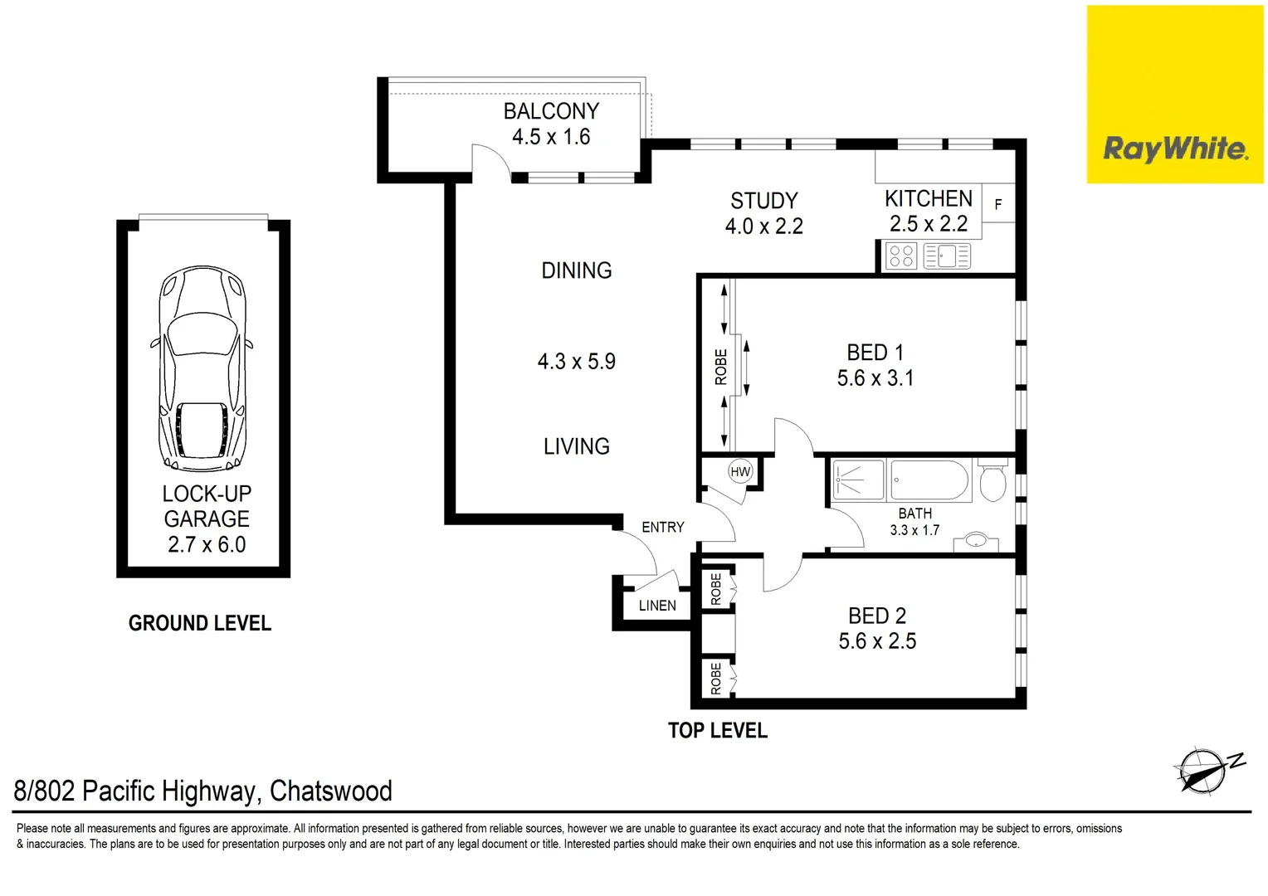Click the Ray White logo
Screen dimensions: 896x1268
coord(1175,149)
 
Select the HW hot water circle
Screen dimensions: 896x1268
coord(739,472)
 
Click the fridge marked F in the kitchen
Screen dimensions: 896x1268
coord(998,204)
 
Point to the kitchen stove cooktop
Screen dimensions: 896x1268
coord(901,256)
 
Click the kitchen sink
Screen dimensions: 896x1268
coord(947,256)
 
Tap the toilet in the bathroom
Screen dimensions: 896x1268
coord(992,480)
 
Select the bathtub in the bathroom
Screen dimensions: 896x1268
coord(929,480)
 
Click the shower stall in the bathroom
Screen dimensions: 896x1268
coord(858,480)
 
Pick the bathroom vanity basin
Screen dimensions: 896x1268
coord(976,542)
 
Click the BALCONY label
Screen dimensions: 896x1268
coord(551,111)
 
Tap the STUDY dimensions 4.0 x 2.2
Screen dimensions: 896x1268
coord(763,226)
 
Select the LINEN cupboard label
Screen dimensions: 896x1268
coord(657,606)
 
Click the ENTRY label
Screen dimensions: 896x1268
coord(662,528)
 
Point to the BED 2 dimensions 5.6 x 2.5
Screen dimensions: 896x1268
coord(877,641)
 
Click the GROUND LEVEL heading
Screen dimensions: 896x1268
coord(200,623)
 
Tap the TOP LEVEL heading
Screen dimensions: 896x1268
coord(718,731)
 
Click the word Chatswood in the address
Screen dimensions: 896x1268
coord(331,791)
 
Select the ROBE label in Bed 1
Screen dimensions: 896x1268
coord(720,367)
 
